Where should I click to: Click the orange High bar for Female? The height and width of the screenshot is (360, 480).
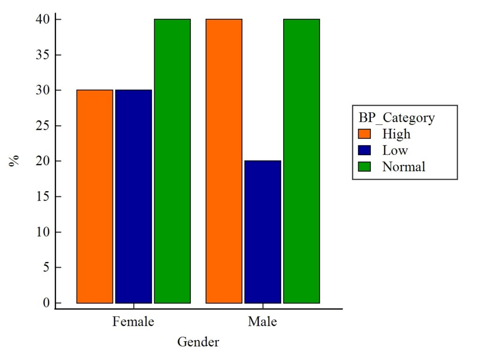tap(95, 196)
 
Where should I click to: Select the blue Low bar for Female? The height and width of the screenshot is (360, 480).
tap(134, 196)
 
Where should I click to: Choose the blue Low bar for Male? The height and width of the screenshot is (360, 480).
tap(262, 232)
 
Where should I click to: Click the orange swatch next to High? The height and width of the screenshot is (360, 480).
tap(364, 134)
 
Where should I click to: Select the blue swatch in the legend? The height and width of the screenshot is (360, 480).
tap(364, 150)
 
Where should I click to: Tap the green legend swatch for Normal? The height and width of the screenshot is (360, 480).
tap(364, 167)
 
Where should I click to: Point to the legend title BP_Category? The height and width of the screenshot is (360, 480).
tap(397, 118)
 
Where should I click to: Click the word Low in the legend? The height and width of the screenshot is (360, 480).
tap(395, 150)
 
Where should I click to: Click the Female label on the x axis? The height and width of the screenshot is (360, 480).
tap(134, 322)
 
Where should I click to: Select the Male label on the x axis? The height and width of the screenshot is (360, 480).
tap(262, 322)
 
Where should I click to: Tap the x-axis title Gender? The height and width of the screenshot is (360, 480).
tap(198, 342)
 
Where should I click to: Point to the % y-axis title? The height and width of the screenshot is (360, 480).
tap(14, 161)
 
